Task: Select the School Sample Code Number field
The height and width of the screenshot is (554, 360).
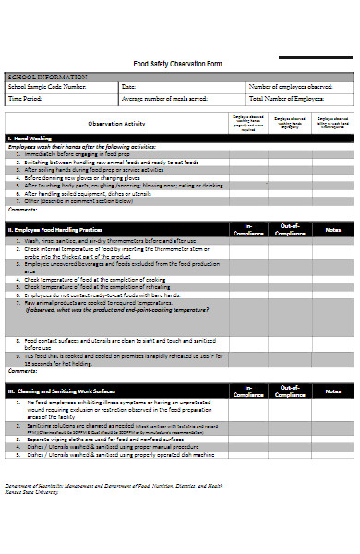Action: pos(48,86)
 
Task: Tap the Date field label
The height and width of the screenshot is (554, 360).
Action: pos(128,86)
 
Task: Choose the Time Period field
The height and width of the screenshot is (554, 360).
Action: pos(26,97)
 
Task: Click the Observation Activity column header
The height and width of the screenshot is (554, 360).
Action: pos(116,123)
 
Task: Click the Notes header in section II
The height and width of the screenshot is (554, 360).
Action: pos(332,229)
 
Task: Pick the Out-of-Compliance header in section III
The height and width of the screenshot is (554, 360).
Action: pos(290,391)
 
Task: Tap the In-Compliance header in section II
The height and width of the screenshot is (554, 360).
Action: pos(248,229)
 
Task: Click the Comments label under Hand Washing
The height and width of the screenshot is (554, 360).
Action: pos(22,210)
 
